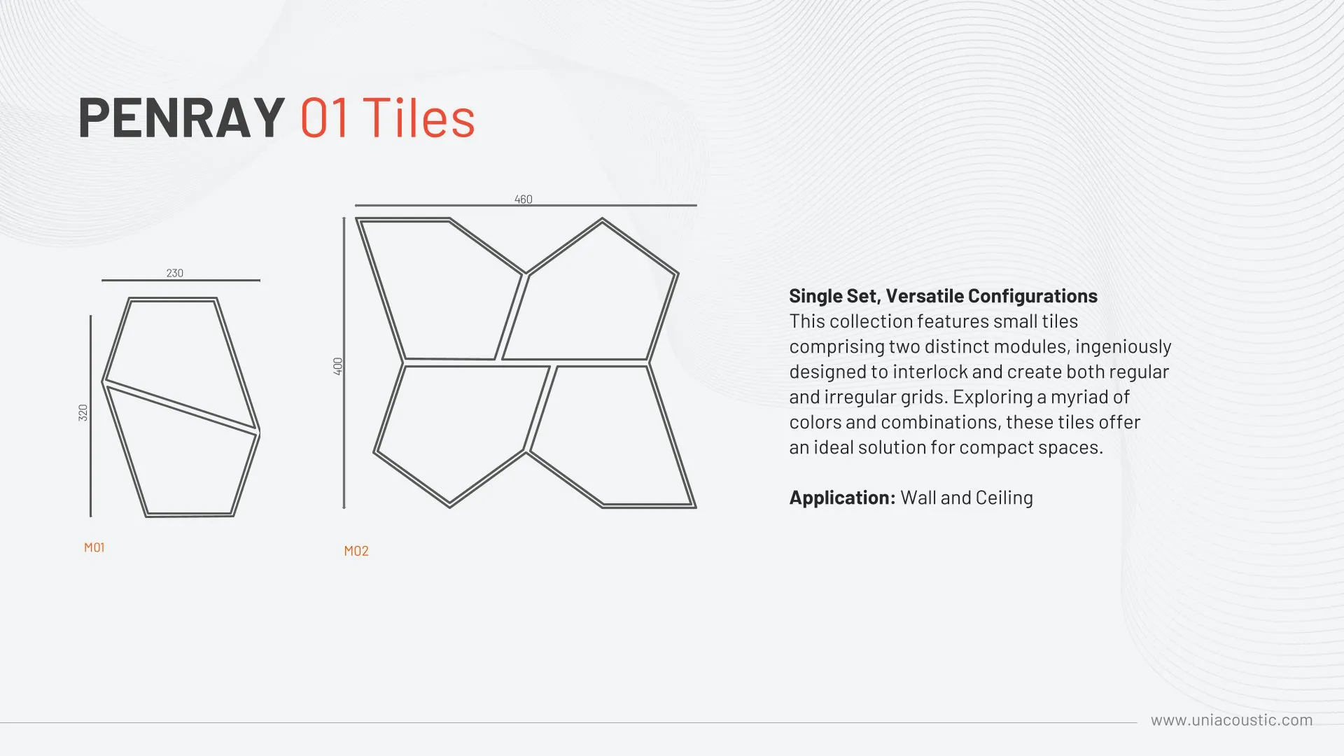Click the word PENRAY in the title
click(181, 118)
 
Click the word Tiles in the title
click(419, 118)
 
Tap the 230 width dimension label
click(175, 273)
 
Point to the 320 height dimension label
click(83, 413)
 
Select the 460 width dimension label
click(524, 199)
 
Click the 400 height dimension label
click(338, 366)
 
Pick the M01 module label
click(94, 547)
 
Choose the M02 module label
click(356, 551)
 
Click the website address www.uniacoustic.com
click(1232, 720)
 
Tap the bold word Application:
click(843, 498)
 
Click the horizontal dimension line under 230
click(181, 281)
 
